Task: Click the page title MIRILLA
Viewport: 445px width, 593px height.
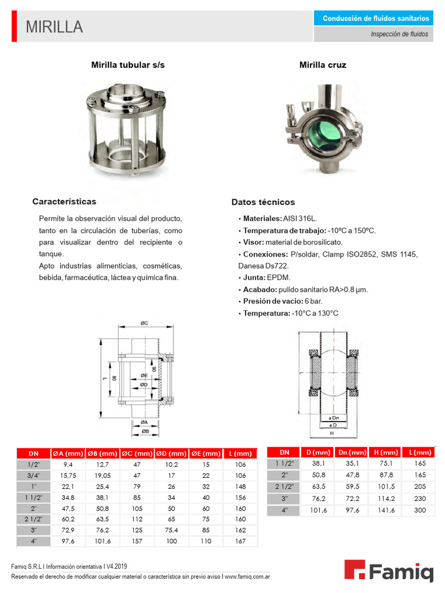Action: click(54, 27)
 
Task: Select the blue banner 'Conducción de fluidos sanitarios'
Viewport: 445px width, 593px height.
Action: click(375, 19)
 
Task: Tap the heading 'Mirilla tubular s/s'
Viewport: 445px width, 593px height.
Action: click(128, 65)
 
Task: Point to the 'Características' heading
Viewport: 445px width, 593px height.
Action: click(64, 202)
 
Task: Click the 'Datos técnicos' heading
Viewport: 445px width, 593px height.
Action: click(263, 202)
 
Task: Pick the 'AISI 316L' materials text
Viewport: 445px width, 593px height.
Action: click(300, 219)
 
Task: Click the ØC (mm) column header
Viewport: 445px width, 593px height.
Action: click(137, 453)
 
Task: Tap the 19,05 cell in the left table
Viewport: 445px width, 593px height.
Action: click(103, 475)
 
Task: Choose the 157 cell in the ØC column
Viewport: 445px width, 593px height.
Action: click(137, 541)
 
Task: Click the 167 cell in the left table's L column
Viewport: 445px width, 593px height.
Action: click(240, 541)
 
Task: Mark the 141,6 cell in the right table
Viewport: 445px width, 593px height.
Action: click(386, 510)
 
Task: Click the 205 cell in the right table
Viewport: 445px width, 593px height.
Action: click(420, 486)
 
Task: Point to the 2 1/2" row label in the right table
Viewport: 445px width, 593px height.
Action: click(284, 486)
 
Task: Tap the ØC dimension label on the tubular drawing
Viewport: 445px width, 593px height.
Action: click(143, 323)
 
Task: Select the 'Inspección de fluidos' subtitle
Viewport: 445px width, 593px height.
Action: click(399, 34)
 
